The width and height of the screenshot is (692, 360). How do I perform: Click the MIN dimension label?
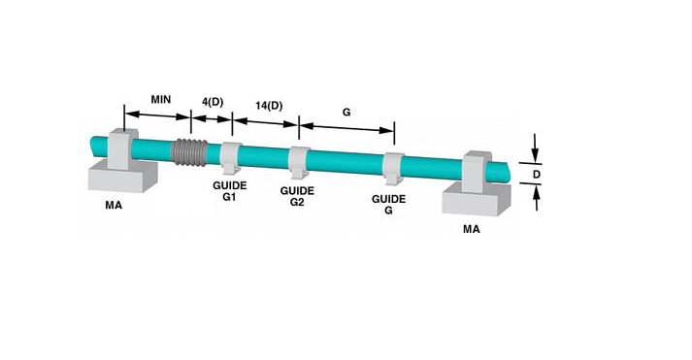(161, 99)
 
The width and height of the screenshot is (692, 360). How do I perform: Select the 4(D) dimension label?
(213, 102)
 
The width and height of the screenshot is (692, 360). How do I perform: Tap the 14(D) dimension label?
(269, 106)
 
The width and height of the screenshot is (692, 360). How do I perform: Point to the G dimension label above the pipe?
(346, 112)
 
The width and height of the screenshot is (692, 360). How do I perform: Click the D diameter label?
(537, 175)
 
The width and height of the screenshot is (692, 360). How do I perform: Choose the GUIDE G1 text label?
(229, 191)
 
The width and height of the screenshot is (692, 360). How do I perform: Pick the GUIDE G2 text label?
(297, 196)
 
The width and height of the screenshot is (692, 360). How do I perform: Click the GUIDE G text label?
(388, 205)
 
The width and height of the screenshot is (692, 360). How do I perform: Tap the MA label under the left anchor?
(114, 205)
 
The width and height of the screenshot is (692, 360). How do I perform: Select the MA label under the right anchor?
(472, 229)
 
